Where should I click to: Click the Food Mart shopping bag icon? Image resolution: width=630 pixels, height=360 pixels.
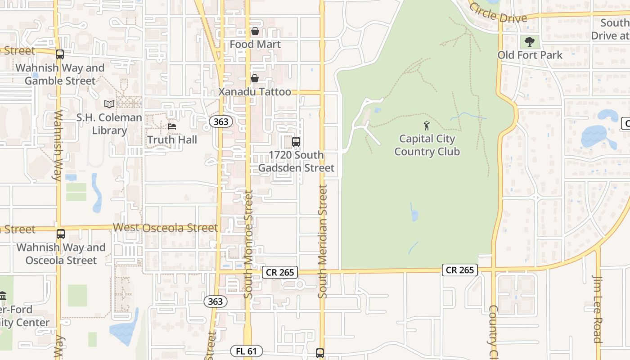(x=255, y=31)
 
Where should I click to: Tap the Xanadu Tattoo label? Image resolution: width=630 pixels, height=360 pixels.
(x=255, y=92)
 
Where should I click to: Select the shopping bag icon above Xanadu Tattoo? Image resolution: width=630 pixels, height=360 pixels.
(x=255, y=79)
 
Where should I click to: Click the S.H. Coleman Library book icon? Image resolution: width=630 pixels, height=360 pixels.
(x=109, y=104)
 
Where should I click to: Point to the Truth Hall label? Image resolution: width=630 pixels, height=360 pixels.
(x=172, y=140)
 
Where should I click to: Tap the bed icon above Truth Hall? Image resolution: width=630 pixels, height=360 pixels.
(x=172, y=126)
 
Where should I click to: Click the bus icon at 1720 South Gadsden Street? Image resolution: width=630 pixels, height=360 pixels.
(x=296, y=142)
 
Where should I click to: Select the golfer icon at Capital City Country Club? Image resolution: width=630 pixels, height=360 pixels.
(x=427, y=126)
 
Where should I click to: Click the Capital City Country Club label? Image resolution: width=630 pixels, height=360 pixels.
(x=427, y=145)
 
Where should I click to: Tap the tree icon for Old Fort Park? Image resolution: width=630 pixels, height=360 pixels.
(x=530, y=42)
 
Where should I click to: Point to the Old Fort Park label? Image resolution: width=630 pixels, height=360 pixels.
(x=530, y=55)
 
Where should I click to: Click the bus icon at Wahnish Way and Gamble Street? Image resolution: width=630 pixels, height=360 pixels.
(x=60, y=54)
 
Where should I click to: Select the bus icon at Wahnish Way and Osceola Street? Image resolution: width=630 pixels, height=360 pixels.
(x=61, y=234)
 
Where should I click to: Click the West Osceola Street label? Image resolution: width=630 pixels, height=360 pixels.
(x=165, y=228)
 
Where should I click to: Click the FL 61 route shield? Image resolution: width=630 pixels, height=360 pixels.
(x=246, y=351)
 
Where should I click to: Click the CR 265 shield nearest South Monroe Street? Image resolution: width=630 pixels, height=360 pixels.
(x=280, y=272)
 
